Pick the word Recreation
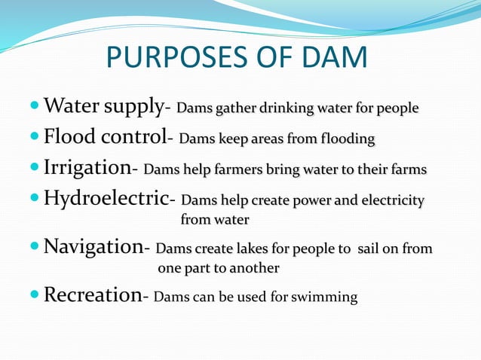click(x=92, y=295)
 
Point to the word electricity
click(x=388, y=201)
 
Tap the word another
click(x=251, y=268)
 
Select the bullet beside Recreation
click(x=35, y=296)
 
